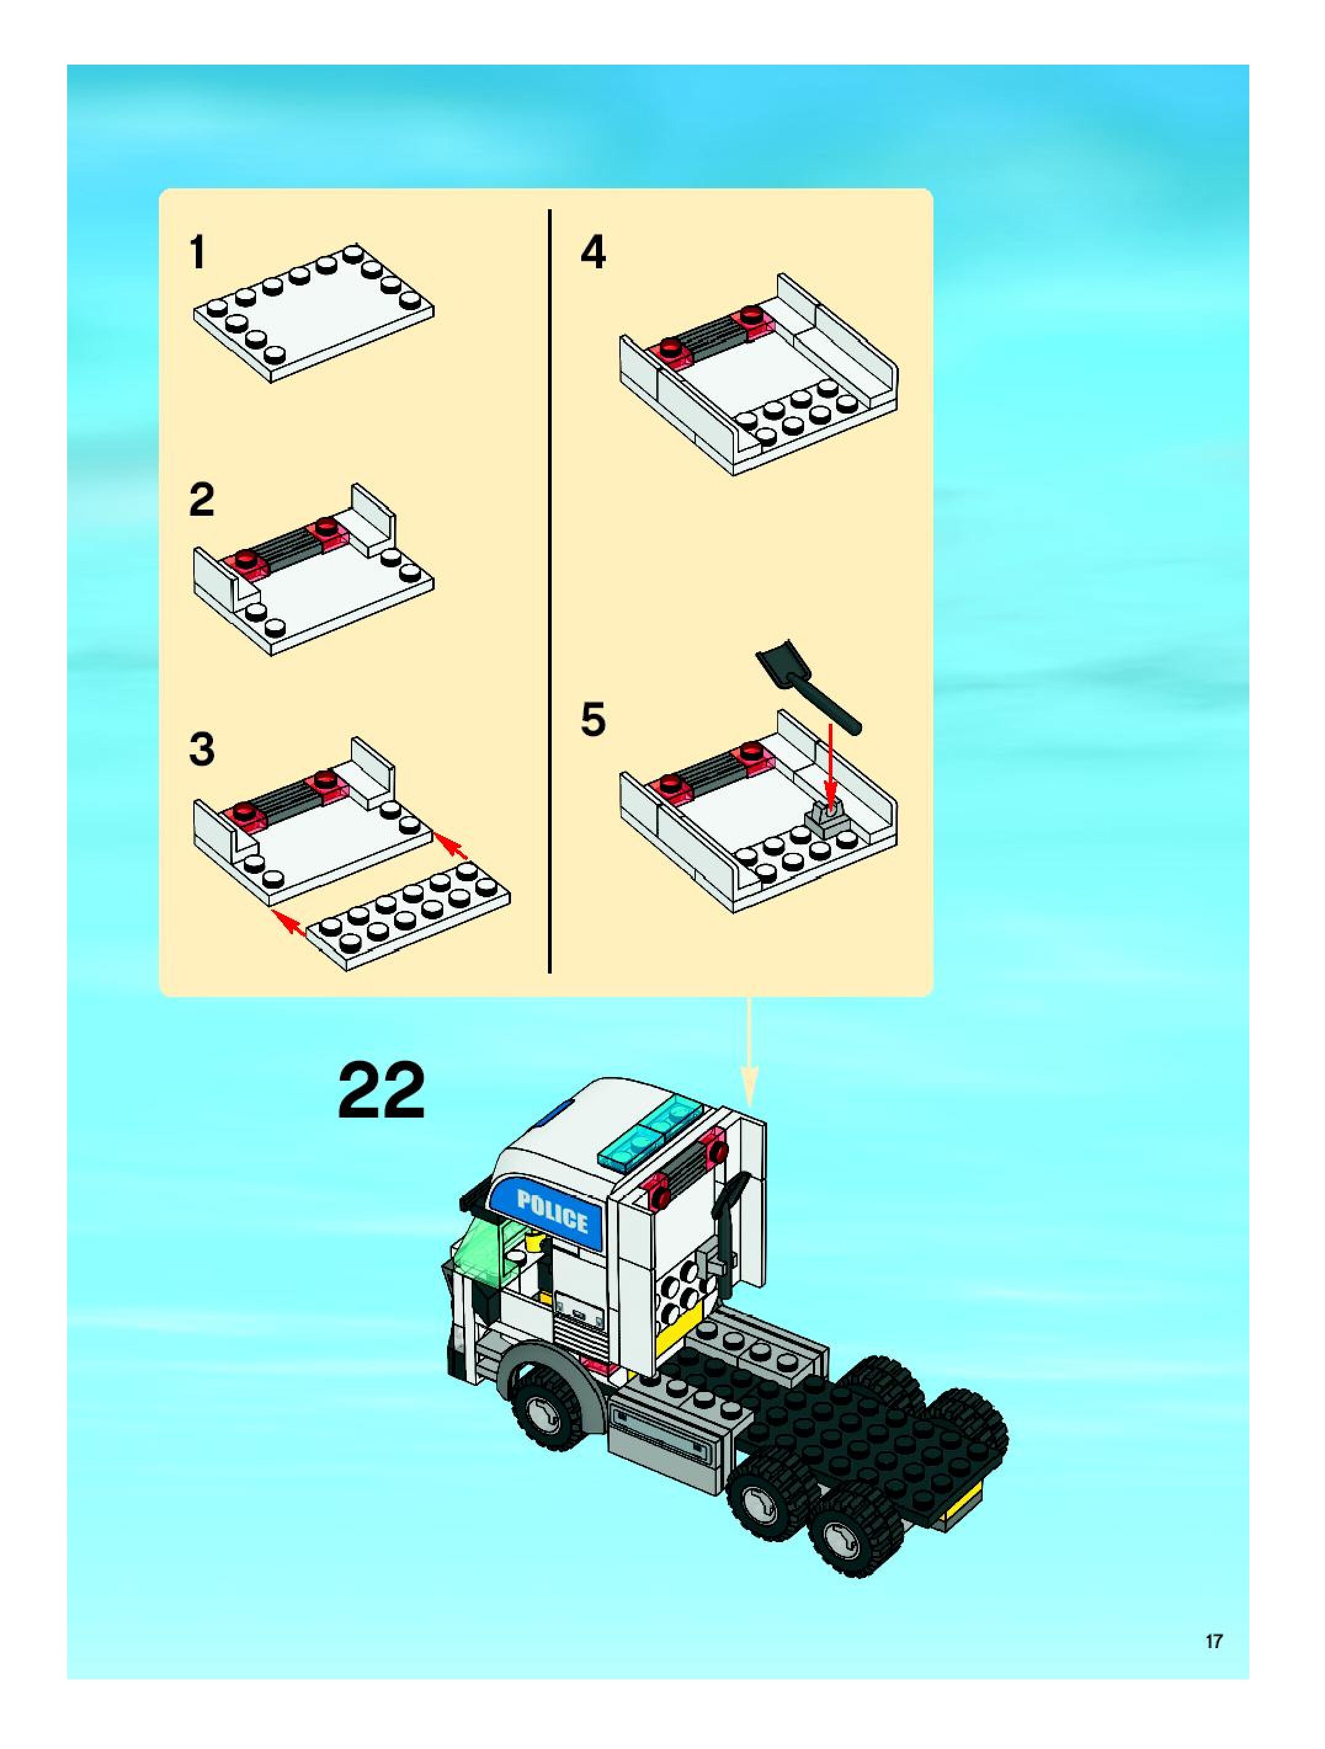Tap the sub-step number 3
(x=202, y=749)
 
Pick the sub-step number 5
(x=594, y=719)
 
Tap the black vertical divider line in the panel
(x=549, y=591)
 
